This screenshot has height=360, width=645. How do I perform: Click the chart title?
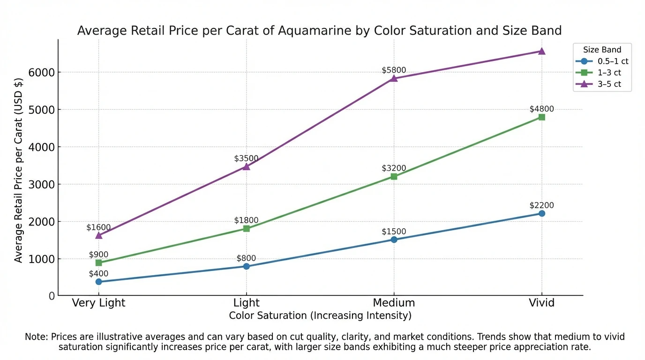pos(319,31)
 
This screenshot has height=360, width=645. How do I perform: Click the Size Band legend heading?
pos(602,50)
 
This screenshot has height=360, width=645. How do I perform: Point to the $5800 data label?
pos(394,70)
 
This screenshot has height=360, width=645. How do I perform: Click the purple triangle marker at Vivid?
pos(541,51)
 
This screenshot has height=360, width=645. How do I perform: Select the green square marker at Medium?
pos(394,177)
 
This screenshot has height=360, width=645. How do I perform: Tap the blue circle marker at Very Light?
pos(98,282)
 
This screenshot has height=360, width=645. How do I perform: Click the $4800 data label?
pos(541,109)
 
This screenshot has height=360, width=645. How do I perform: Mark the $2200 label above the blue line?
pos(541,205)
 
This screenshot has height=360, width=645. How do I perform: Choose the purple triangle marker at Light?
pos(246,166)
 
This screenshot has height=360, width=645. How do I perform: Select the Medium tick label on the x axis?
pos(394,303)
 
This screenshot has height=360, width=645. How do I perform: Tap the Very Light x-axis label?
pos(98,303)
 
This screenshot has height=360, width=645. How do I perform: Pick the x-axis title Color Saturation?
pos(320,315)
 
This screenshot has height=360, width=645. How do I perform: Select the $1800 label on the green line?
pos(246,220)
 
